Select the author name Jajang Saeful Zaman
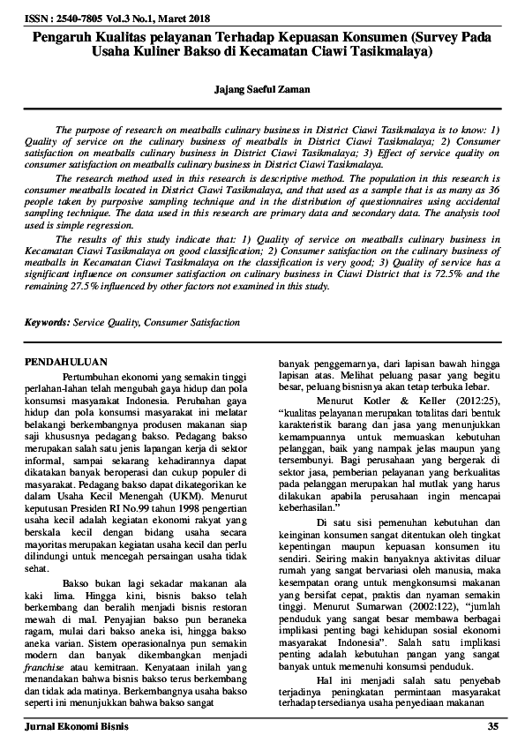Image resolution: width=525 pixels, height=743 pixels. pyautogui.click(x=262, y=89)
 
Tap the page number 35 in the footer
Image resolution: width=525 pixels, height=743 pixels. pyautogui.click(x=492, y=726)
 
